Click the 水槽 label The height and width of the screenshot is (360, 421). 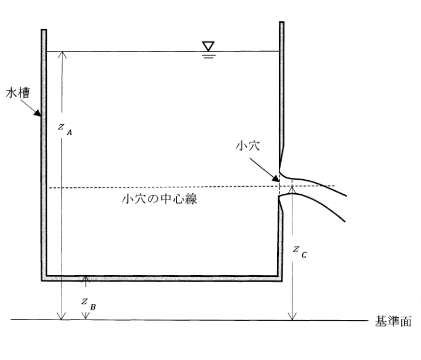(x=18, y=92)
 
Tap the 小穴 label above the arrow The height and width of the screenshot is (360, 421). (x=247, y=146)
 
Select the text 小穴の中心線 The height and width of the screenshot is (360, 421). (x=160, y=199)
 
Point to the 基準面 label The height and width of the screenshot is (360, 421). (x=393, y=321)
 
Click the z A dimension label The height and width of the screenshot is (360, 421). (x=65, y=129)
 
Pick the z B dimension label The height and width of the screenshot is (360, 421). (x=89, y=304)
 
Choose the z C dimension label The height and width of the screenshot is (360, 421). (x=299, y=252)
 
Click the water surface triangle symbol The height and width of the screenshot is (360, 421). (x=208, y=46)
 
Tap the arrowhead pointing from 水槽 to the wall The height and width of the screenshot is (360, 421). (x=37, y=112)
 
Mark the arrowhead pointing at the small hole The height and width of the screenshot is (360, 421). (x=276, y=179)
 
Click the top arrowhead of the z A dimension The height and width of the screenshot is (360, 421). (x=63, y=54)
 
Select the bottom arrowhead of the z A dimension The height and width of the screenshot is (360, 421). (x=61, y=317)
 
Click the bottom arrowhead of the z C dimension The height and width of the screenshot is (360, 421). (x=292, y=317)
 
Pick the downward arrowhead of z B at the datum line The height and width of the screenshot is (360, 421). (x=85, y=316)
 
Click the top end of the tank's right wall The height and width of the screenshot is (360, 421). (x=282, y=22)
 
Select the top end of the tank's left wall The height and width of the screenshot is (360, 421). (x=44, y=30)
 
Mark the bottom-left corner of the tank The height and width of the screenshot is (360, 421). (x=42, y=281)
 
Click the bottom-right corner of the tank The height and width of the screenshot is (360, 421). (x=282, y=281)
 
